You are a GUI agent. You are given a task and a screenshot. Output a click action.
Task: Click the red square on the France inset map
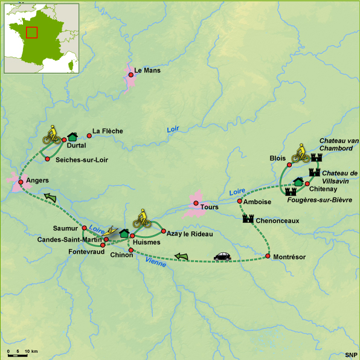32,32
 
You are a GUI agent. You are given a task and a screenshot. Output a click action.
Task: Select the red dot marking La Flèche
89,132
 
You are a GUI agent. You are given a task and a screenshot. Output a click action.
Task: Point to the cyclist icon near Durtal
52,134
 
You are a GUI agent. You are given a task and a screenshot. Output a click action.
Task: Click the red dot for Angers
21,182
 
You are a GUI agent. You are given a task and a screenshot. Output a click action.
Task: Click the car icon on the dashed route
222,256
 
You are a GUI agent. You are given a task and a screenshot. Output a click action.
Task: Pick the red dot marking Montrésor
268,257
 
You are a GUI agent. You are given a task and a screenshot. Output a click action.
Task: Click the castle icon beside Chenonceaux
248,220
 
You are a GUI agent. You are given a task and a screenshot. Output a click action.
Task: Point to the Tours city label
209,207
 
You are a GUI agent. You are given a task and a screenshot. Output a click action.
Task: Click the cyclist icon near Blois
300,153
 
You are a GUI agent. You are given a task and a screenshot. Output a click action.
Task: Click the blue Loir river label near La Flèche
174,130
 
